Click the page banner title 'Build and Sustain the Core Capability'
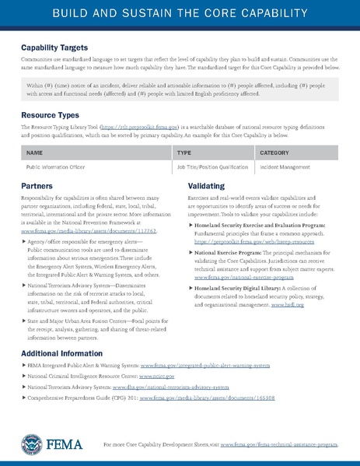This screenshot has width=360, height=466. (180, 15)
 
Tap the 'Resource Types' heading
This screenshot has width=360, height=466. (52, 114)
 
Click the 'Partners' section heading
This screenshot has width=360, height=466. (37, 187)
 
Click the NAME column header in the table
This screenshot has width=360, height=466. (34, 153)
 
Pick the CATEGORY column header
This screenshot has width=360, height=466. (274, 153)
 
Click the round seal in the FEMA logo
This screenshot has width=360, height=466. (33, 444)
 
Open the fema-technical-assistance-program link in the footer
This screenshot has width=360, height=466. (280, 444)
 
